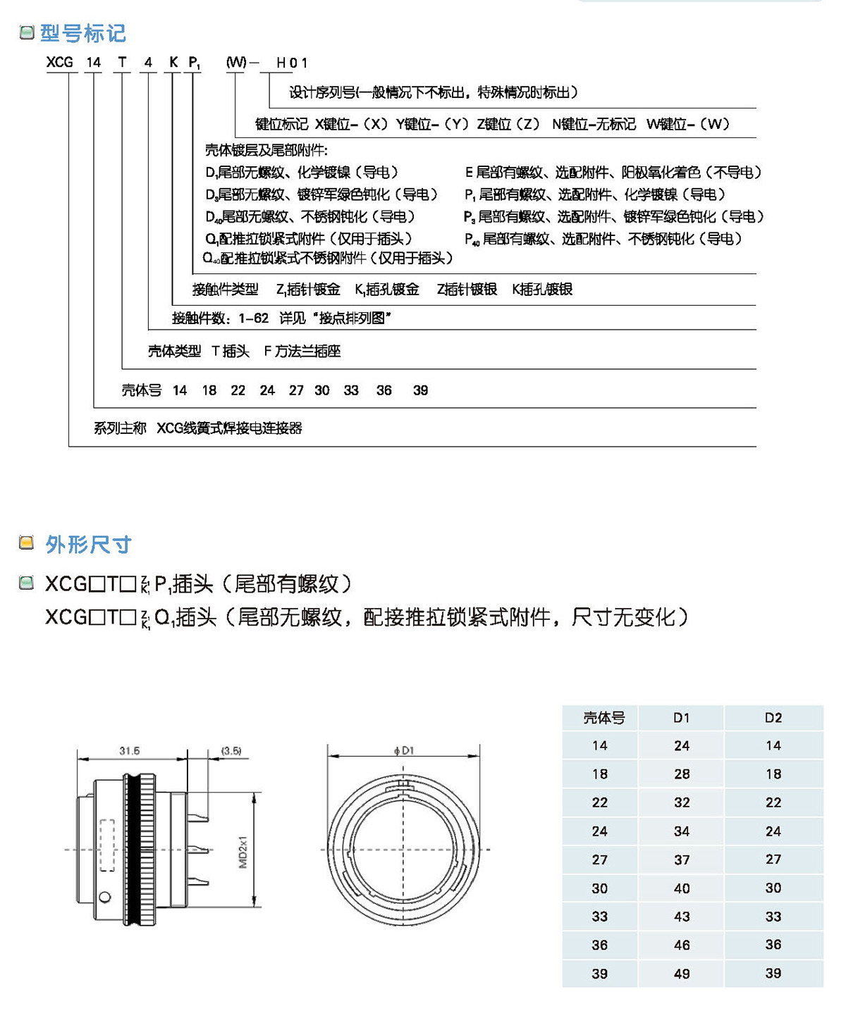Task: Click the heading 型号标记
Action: (x=82, y=33)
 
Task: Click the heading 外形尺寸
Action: (x=88, y=544)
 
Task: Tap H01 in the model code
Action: (x=291, y=63)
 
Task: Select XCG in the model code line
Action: (x=60, y=62)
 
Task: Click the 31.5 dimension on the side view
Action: (x=129, y=751)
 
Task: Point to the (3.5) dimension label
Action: (x=231, y=751)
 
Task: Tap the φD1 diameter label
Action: (x=404, y=751)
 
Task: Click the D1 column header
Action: (x=681, y=718)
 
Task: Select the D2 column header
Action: (x=773, y=718)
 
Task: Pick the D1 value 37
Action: (x=682, y=860)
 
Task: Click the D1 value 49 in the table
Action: (x=682, y=974)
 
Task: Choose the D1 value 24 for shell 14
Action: (x=682, y=745)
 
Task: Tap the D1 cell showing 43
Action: (x=682, y=917)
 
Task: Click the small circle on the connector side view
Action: (x=105, y=897)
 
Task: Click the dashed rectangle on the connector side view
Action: (x=107, y=845)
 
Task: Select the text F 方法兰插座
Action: (x=302, y=351)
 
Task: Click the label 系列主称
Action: (x=120, y=428)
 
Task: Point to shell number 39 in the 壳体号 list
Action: (x=420, y=390)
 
